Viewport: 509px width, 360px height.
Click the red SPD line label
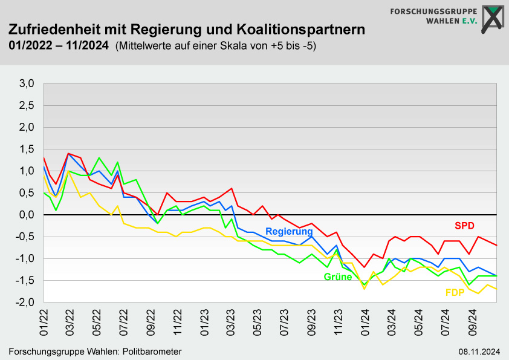coord(464,226)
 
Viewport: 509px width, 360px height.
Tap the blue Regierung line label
coord(289,231)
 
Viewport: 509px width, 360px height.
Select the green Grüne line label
coord(338,277)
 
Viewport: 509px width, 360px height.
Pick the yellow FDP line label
coord(455,293)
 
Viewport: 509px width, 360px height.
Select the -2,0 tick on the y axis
coord(27,302)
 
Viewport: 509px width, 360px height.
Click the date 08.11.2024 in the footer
coord(478,352)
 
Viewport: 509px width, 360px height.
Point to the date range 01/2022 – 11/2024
coord(59,45)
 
